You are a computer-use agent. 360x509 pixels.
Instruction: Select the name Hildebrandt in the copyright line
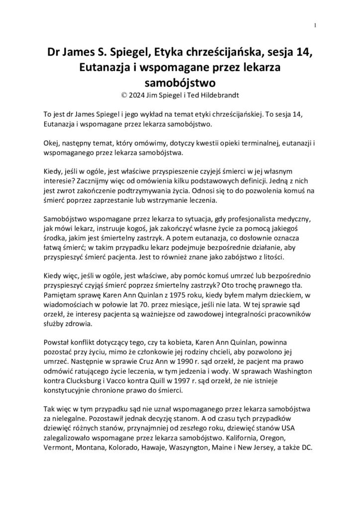click(x=223, y=93)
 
